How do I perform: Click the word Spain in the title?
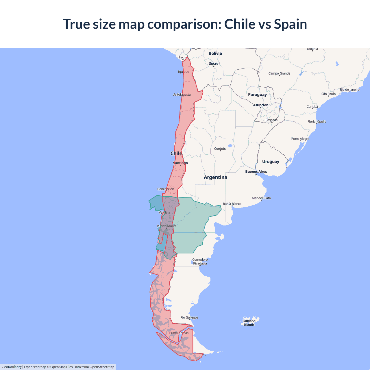tap(290, 24)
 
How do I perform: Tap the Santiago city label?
tap(180, 163)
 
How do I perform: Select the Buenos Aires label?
tap(256, 172)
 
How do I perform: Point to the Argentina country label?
tap(215, 177)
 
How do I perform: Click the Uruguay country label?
tap(271, 162)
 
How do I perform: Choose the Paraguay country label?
tap(257, 95)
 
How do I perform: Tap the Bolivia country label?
tap(215, 53)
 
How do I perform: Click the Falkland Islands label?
tap(249, 323)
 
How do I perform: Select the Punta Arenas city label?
tap(179, 333)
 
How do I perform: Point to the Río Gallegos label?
tap(189, 317)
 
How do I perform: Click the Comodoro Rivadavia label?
tap(200, 262)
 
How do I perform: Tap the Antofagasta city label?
tap(182, 95)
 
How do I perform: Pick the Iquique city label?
tap(184, 72)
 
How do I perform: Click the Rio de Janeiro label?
tap(350, 90)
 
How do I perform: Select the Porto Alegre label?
tap(300, 139)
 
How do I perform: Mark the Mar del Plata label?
tap(261, 198)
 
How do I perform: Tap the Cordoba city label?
tap(220, 149)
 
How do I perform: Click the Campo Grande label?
tap(279, 73)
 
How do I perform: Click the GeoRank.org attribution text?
tap(12, 367)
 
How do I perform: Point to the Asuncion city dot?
tap(260, 108)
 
